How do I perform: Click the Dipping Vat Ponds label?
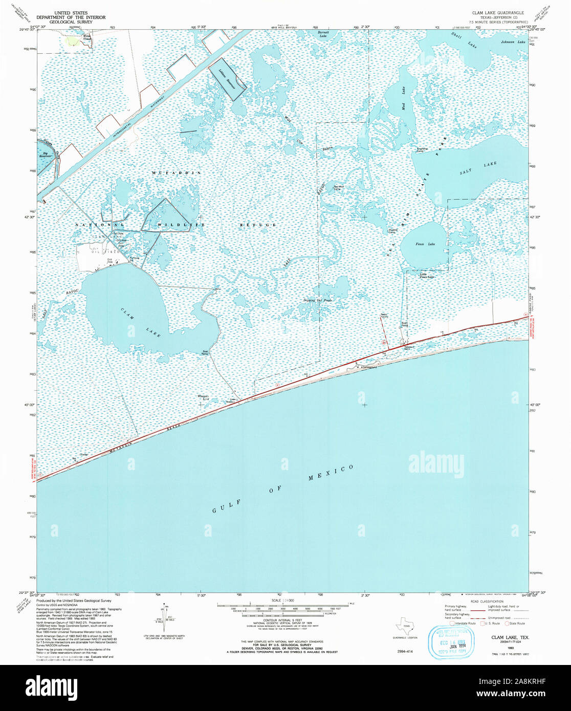point(318,300)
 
